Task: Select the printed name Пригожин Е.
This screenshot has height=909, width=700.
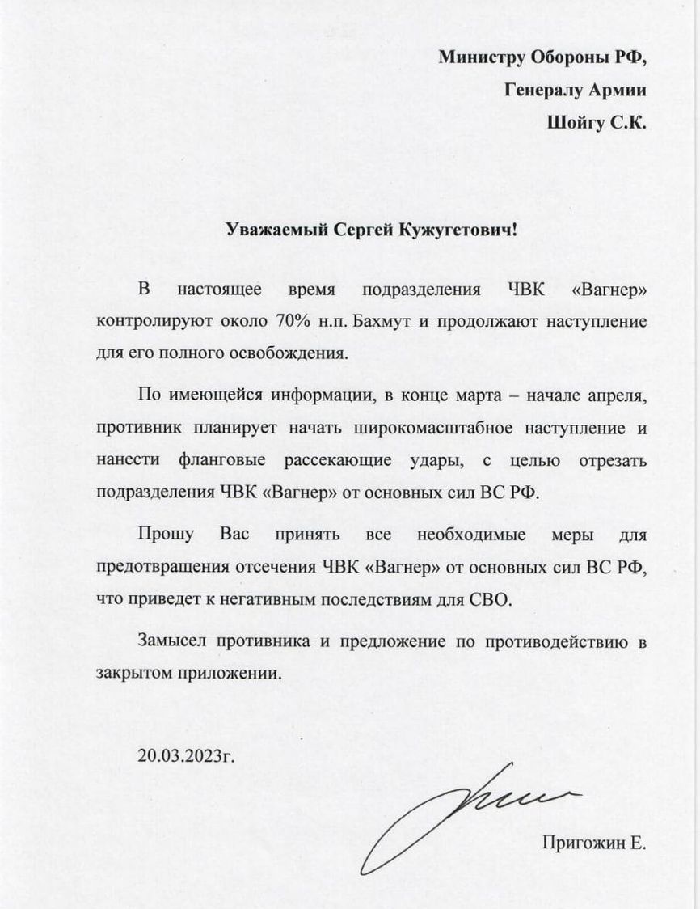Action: tap(595, 844)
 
